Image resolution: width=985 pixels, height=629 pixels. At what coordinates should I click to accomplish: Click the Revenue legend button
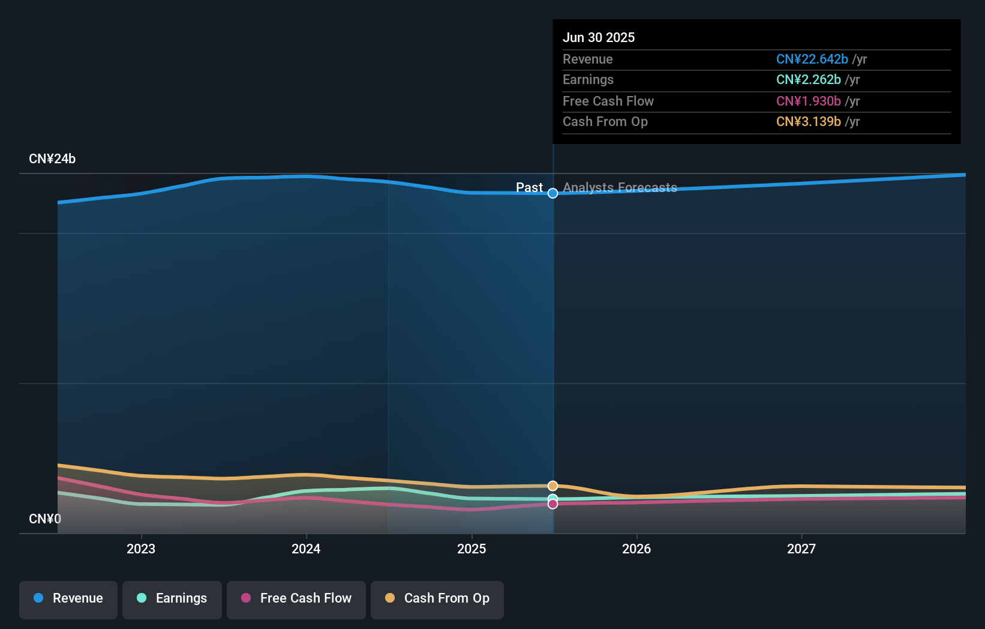(68, 598)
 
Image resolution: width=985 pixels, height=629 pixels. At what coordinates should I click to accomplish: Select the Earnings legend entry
(172, 598)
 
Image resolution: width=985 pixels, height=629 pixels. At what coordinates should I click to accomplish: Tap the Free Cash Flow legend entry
(296, 598)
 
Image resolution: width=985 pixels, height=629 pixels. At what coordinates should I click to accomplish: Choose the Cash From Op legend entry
(437, 598)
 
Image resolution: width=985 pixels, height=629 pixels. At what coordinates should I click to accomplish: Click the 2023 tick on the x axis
(141, 549)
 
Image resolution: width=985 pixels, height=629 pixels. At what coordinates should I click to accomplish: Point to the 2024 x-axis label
(306, 549)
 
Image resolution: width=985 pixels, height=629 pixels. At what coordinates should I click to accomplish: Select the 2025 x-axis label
(472, 549)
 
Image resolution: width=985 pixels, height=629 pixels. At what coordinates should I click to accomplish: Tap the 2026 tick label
(636, 549)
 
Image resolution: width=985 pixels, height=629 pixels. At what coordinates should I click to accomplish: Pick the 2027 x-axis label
(801, 549)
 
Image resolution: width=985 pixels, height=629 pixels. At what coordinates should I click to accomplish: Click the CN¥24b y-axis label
(52, 159)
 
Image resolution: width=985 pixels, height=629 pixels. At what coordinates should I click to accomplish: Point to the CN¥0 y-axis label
(45, 519)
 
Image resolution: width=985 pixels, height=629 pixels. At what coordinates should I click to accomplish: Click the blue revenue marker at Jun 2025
(553, 193)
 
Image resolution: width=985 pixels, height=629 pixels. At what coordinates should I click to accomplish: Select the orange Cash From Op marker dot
(553, 486)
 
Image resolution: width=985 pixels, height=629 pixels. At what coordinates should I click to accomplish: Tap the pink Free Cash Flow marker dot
(553, 504)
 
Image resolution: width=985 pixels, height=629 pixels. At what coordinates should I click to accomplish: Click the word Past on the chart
(529, 188)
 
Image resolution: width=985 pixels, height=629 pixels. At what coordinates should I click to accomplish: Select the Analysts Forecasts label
(620, 188)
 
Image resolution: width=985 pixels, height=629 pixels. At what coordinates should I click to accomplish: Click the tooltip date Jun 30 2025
(599, 37)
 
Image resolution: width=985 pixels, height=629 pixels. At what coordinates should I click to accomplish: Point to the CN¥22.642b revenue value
(812, 59)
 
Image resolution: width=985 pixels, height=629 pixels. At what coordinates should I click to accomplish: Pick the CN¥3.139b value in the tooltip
(808, 121)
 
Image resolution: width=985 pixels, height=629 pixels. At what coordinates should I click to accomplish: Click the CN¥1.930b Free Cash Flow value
(808, 101)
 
